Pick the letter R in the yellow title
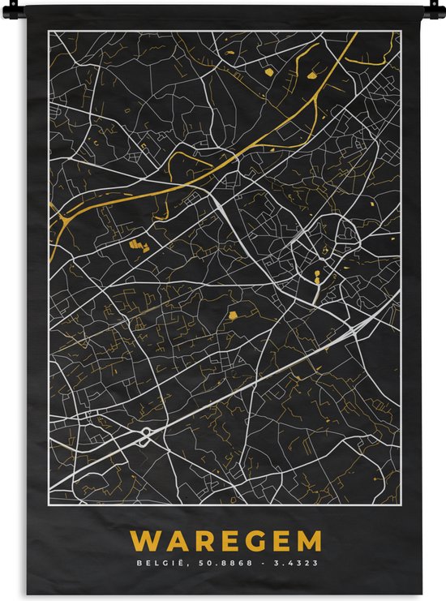coord(198,541)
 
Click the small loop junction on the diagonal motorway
coord(145,436)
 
